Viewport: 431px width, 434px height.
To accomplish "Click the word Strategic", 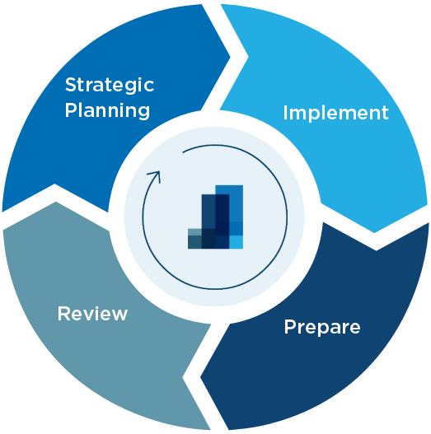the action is pos(110,86).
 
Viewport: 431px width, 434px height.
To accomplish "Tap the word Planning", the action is pos(107,111).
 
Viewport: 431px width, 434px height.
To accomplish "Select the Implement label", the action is pos(335,114).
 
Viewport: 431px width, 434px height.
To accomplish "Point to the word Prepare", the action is pos(322,328).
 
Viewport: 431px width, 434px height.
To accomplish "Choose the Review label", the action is pos(92,314).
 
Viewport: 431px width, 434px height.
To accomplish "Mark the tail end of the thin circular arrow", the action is pos(183,152).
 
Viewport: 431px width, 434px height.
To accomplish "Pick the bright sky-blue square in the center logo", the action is pos(236,242).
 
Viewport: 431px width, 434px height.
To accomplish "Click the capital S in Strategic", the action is pos(71,85).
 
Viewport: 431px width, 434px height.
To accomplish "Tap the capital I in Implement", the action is pos(285,113).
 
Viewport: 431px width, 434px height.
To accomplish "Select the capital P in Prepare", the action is pos(289,327).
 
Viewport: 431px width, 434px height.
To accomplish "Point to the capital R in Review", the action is pos(63,314).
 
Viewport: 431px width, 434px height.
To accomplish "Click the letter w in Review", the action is pos(119,315).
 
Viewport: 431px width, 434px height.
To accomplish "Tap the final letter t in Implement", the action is pos(386,114).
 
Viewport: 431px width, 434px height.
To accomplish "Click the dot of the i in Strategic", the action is pos(133,78).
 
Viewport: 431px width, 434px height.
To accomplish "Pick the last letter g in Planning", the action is pos(143,114).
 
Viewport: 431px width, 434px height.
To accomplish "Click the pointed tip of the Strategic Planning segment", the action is pos(230,58).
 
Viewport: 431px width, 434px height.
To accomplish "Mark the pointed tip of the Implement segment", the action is pos(374,233).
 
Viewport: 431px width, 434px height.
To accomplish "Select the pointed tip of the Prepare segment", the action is pos(200,376).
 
